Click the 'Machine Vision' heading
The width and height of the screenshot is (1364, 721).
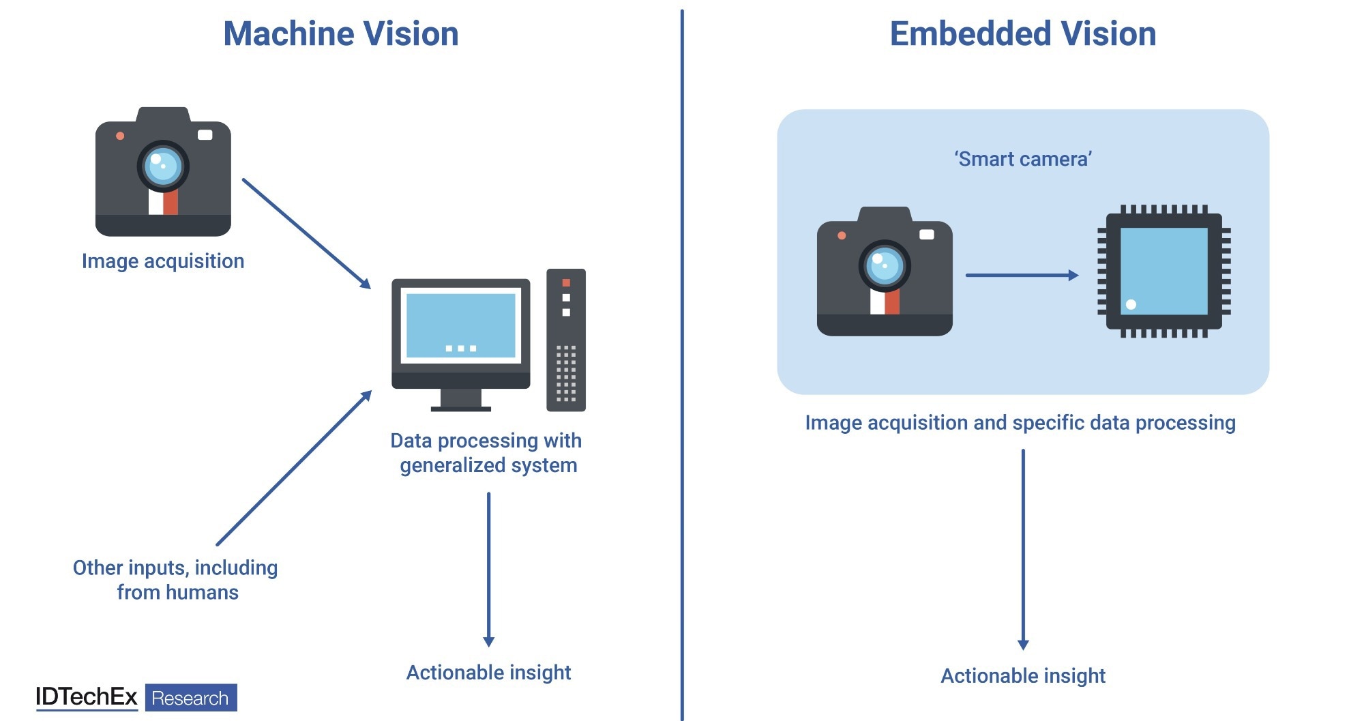(341, 33)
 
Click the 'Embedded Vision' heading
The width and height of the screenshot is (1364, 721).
(1023, 33)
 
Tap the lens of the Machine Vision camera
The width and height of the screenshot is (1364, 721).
(163, 166)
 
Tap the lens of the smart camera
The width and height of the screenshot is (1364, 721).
(885, 265)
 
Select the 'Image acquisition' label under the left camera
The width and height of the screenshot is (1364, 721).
(163, 261)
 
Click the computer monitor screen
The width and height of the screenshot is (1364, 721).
(461, 325)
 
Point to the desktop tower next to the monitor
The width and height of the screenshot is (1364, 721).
(566, 340)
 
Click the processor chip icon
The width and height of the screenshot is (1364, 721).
(1164, 271)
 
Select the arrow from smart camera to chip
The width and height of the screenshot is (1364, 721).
(1022, 275)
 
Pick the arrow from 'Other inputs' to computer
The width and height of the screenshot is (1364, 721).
(294, 468)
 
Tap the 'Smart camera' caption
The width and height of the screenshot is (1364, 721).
(1023, 159)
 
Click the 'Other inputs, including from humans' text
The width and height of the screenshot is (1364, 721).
(176, 580)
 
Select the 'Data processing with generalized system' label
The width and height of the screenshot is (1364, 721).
(487, 453)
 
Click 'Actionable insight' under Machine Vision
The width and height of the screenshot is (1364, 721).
(488, 673)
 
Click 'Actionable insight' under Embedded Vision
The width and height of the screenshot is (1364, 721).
(1023, 676)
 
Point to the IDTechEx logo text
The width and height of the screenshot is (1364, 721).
(87, 697)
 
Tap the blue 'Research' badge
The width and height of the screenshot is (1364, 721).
(191, 698)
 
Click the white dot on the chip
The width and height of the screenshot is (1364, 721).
(1131, 304)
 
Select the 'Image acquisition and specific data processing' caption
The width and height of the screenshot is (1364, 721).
(1020, 423)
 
